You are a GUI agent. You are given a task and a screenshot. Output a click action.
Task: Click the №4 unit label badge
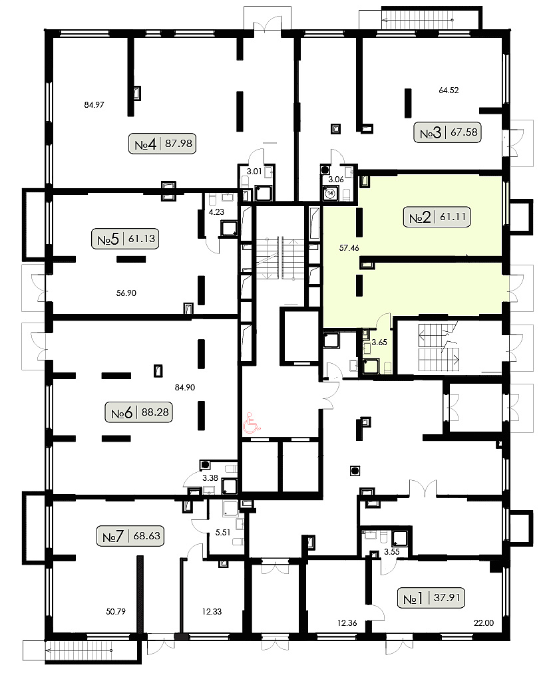coord(162,144)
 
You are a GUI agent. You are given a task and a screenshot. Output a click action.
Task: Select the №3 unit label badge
coord(448,132)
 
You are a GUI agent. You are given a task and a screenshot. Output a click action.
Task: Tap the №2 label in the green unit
coord(437,217)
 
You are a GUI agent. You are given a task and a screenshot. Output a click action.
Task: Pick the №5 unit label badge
coord(125,239)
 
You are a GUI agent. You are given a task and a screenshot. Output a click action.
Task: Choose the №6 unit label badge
coord(139,412)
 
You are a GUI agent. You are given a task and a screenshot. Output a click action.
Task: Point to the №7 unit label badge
coord(130,536)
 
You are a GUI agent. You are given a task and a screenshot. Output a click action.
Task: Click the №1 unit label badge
coord(431,598)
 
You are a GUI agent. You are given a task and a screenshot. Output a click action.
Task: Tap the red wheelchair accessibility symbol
coord(252,424)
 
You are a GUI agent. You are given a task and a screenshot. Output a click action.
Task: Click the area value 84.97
coord(94,105)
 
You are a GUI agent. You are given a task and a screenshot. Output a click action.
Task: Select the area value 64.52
coord(449,90)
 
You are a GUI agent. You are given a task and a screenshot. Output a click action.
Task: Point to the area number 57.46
coord(349,248)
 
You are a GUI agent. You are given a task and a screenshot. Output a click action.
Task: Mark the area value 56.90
coord(126,293)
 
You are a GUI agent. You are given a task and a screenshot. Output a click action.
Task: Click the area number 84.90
coord(185,388)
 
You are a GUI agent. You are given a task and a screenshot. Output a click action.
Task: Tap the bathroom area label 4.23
coord(216,212)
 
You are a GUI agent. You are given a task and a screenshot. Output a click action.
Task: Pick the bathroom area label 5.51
coord(223,533)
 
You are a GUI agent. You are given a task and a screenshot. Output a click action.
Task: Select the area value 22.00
coord(484,623)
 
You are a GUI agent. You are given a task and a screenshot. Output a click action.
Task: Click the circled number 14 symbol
coord(330,193)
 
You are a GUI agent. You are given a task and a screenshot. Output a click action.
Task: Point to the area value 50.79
coord(116,612)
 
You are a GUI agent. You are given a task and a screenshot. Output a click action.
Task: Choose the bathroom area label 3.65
coord(379,342)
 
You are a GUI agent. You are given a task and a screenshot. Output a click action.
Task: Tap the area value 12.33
coord(212,612)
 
